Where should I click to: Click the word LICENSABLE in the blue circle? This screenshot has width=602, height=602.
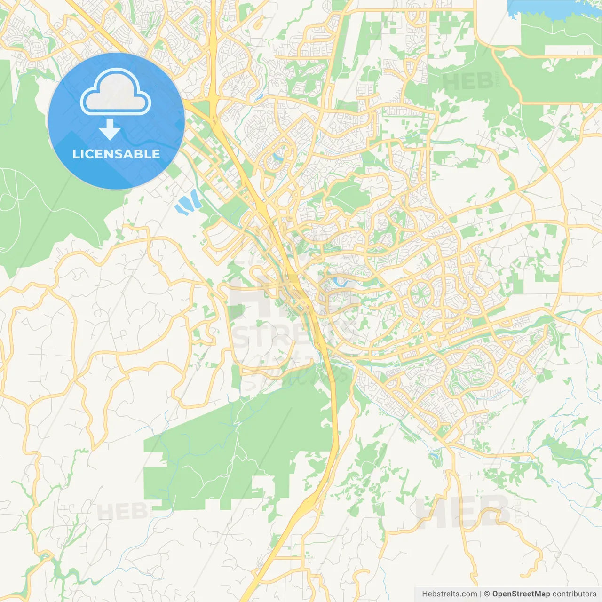pyautogui.click(x=116, y=154)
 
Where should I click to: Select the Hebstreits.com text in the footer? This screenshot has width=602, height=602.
pyautogui.click(x=449, y=594)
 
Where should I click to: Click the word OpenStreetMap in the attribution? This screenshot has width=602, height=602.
pyautogui.click(x=521, y=594)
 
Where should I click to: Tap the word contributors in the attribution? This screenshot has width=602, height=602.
pyautogui.click(x=574, y=594)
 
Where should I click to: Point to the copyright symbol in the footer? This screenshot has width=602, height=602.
pyautogui.click(x=487, y=594)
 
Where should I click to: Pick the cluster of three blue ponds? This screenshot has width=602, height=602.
pyautogui.click(x=188, y=203)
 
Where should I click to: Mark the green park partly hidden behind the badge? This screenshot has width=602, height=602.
pyautogui.click(x=38, y=188)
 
